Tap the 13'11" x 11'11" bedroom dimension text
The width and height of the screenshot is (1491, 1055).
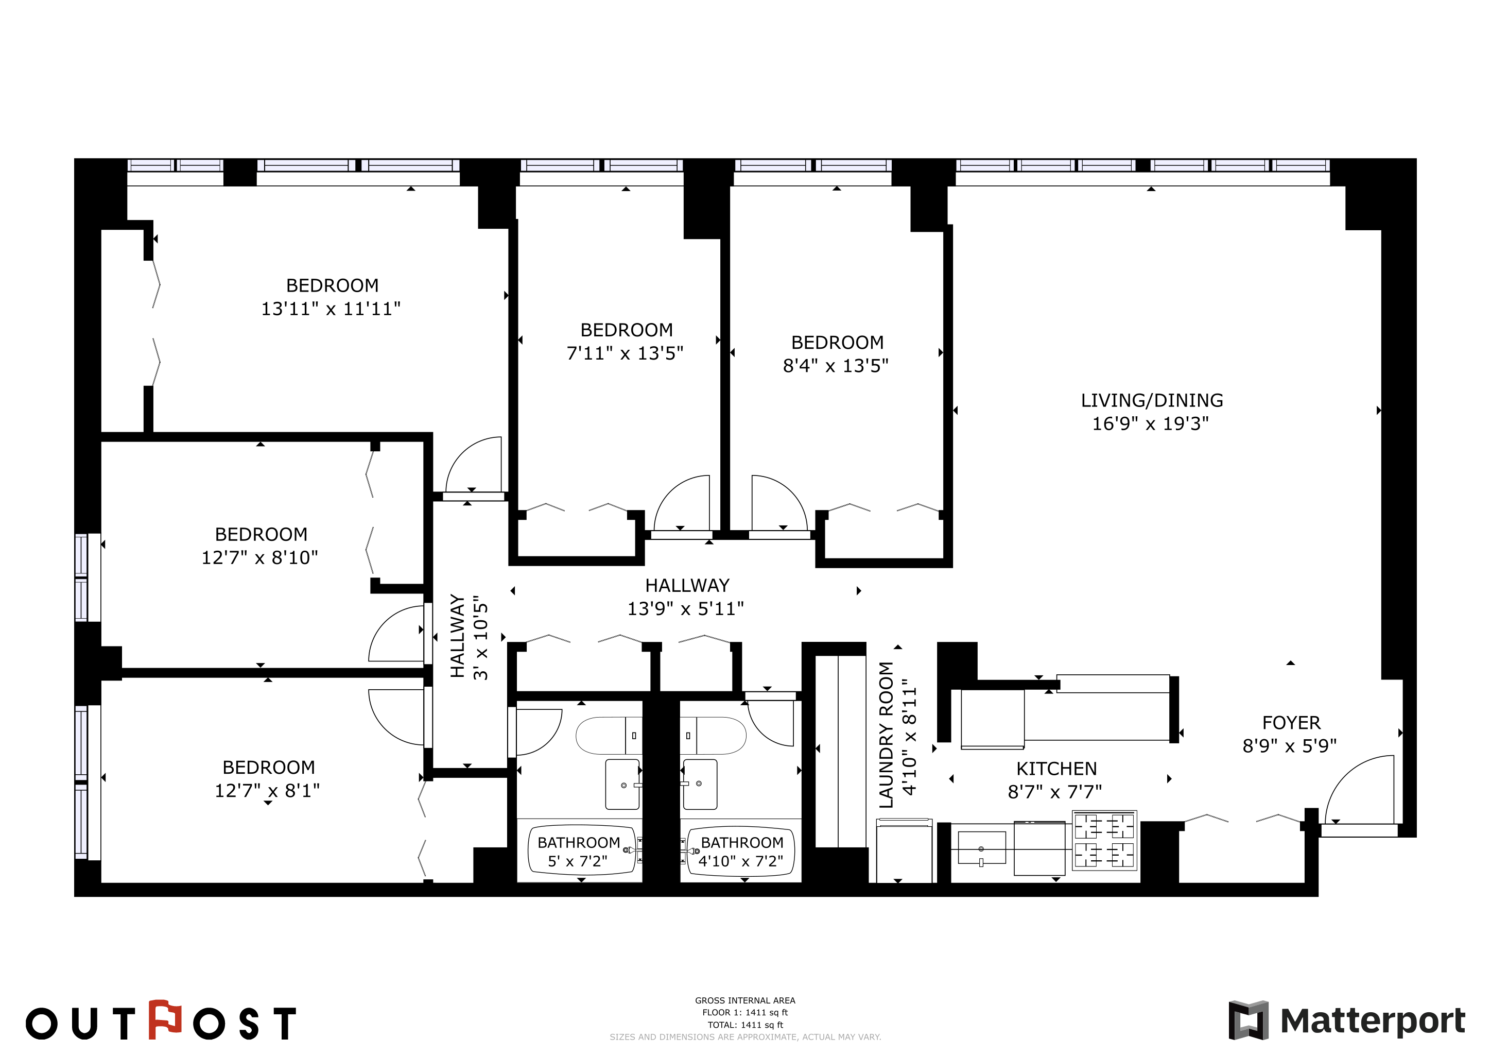(331, 309)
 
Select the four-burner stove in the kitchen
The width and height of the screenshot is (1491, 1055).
(1104, 840)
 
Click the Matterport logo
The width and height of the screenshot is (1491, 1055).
(1346, 1020)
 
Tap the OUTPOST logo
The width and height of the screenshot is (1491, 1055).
(161, 1020)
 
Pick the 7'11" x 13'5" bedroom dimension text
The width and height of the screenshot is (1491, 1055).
(625, 353)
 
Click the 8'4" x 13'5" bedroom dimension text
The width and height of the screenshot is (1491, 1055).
(835, 365)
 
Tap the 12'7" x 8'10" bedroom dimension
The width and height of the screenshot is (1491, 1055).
(260, 557)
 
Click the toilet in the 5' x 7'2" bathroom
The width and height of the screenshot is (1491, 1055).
(609, 736)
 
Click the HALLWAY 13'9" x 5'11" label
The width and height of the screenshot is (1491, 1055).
(686, 597)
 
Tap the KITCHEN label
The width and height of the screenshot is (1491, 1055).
(1056, 769)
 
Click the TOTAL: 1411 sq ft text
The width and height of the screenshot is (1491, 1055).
(745, 1025)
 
